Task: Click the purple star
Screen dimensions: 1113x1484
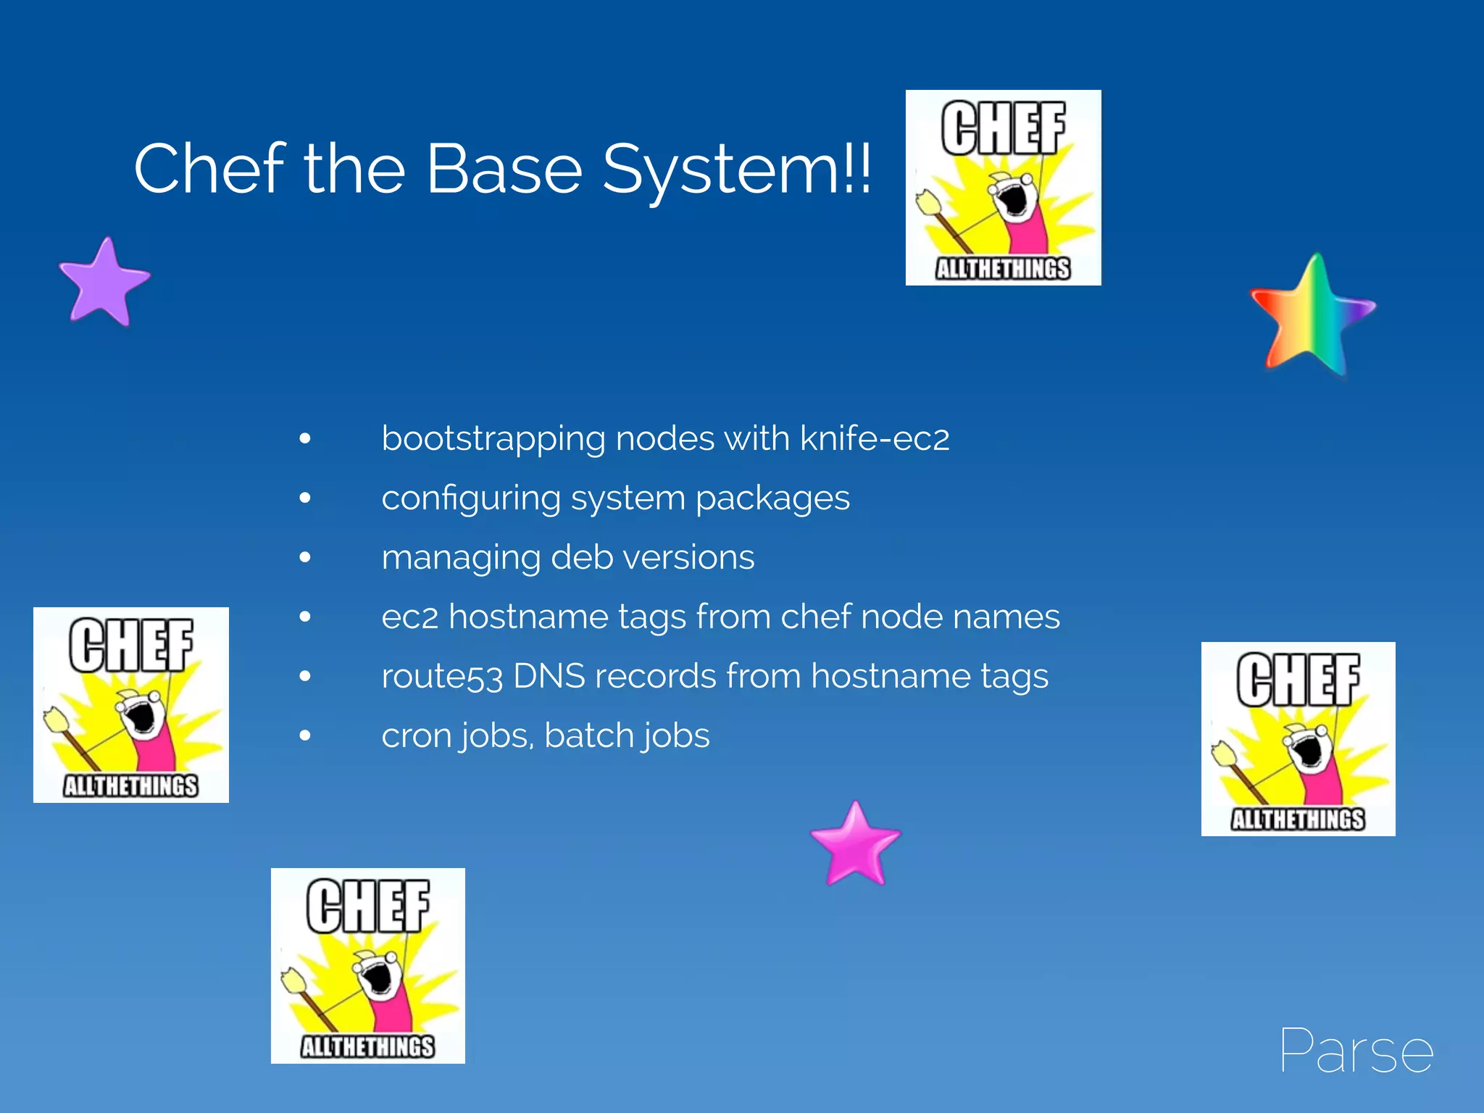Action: tap(104, 282)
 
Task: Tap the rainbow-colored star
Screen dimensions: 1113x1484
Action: tap(1311, 315)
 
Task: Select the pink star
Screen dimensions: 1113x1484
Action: tap(855, 845)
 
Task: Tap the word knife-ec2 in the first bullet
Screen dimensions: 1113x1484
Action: tap(875, 438)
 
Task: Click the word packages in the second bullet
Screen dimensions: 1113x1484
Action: tap(772, 499)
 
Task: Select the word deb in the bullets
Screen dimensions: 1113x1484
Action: tap(581, 557)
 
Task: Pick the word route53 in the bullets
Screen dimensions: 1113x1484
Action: tap(442, 677)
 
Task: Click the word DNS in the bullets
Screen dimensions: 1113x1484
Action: tap(549, 676)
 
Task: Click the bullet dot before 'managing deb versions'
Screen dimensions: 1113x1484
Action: tap(305, 557)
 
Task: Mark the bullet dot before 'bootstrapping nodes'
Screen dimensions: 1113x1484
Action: tap(305, 438)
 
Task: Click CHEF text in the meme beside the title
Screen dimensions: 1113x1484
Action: tap(1004, 128)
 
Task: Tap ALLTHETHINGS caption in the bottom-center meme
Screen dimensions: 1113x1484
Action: tap(368, 1046)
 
